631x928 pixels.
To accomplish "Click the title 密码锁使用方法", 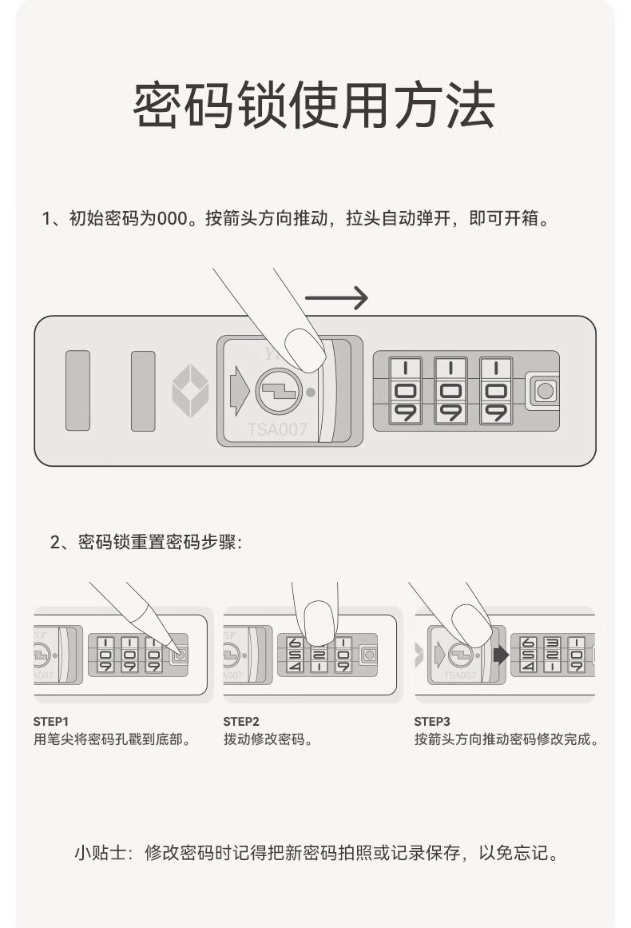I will pos(314,106).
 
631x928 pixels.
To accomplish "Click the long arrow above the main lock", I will pos(336,298).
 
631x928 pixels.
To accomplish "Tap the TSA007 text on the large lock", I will pos(276,430).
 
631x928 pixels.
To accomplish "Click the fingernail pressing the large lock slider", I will pos(304,350).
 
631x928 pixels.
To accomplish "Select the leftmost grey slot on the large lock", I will pos(77,391).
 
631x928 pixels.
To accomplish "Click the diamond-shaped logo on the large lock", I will pos(190,391).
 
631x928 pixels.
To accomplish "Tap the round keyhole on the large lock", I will pos(279,392).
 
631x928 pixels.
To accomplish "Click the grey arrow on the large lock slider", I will pos(239,391).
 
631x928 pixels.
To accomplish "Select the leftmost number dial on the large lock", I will pos(405,391).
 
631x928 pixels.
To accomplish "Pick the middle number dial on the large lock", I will pos(450,391).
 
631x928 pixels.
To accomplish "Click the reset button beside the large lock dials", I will pos(546,392).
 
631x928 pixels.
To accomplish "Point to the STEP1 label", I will pos(51,721).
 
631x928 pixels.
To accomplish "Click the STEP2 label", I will pos(241,721).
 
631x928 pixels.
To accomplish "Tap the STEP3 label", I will pos(432,721).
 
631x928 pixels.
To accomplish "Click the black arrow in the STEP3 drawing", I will pos(501,655).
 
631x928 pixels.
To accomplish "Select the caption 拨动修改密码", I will pos(268,739).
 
